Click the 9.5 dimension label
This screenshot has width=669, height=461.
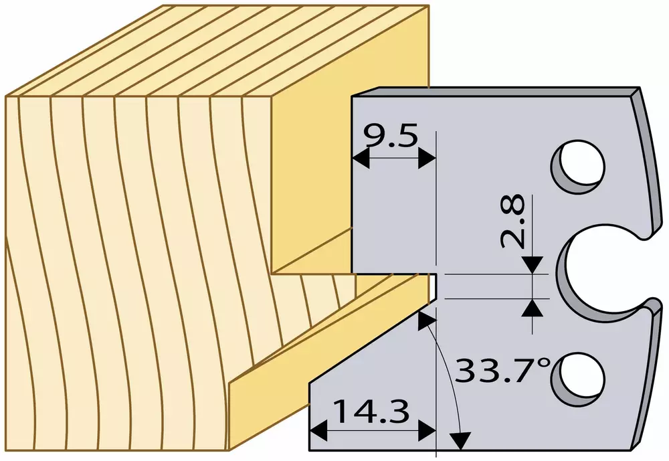point(390,136)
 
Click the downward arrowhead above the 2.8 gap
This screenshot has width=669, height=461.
point(532,265)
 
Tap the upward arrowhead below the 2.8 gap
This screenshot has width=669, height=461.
point(532,307)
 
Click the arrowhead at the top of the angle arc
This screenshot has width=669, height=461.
point(425,320)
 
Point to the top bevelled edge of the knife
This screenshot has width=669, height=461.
point(495,92)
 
